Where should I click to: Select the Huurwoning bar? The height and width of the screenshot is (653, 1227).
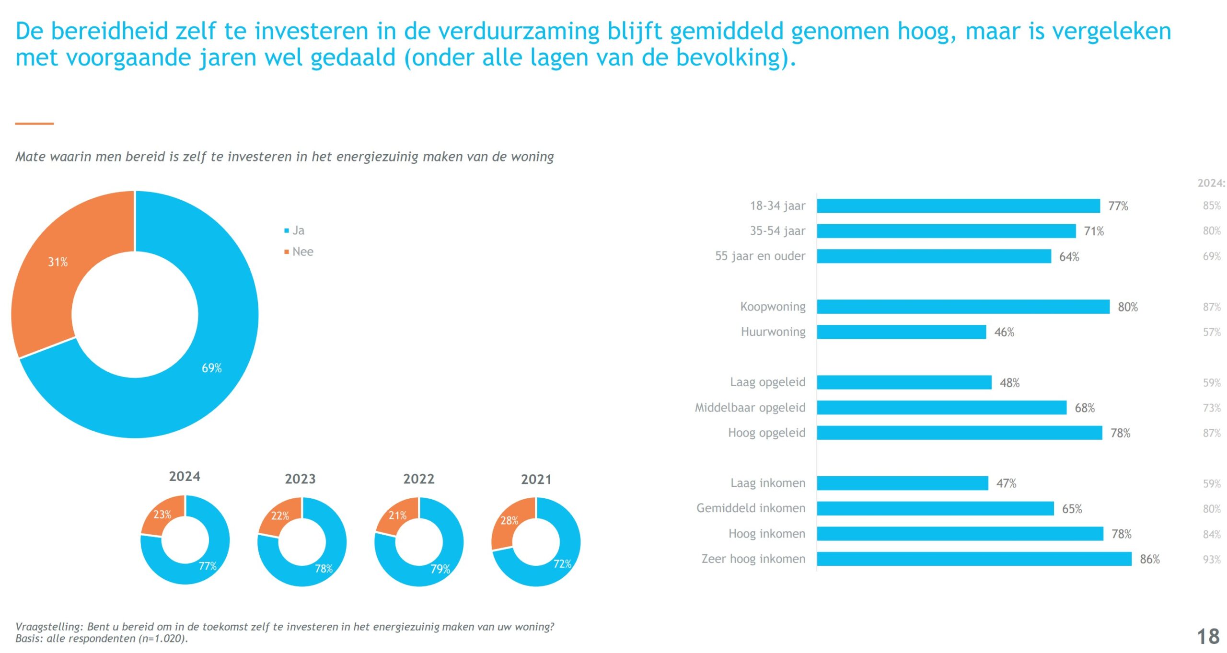tap(901, 332)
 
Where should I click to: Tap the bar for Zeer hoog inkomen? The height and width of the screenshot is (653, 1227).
tap(973, 559)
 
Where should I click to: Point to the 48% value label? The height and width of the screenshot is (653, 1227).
tap(1009, 383)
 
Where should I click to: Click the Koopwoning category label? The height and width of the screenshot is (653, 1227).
tap(772, 307)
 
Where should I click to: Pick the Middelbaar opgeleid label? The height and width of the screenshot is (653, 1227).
tap(750, 408)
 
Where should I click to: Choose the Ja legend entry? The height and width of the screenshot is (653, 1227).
tap(298, 230)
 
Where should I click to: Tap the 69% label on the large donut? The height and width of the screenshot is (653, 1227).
tap(211, 368)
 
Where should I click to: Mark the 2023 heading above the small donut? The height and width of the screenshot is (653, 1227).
tap(300, 479)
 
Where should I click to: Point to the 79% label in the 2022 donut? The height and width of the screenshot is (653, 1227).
tap(440, 569)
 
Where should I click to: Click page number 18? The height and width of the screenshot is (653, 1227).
tap(1208, 637)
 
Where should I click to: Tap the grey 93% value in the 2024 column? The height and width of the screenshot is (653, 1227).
tap(1211, 559)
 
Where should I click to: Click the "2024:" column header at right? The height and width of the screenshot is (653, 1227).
tap(1211, 183)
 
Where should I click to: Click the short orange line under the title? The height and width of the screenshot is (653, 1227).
tap(34, 124)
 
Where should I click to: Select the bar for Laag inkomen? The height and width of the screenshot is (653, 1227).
tap(902, 483)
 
